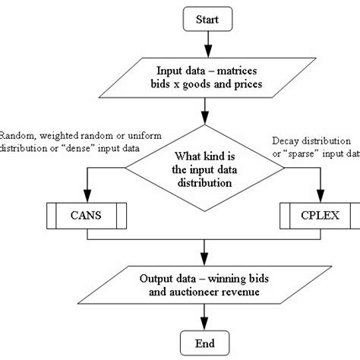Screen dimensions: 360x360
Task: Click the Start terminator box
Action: pyautogui.click(x=204, y=18)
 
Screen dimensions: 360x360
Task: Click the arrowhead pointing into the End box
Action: pyautogui.click(x=204, y=324)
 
